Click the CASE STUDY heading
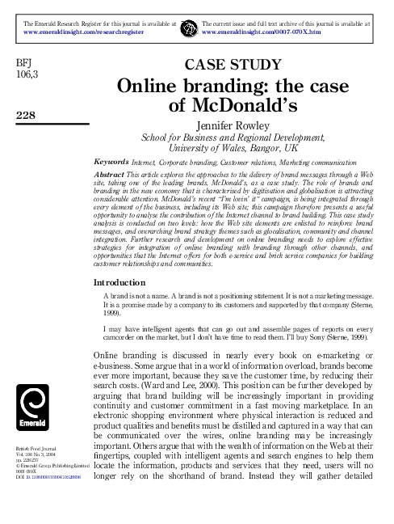(x=233, y=65)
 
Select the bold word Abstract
(x=111, y=174)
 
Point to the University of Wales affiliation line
(x=233, y=149)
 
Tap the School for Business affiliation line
(x=233, y=137)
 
